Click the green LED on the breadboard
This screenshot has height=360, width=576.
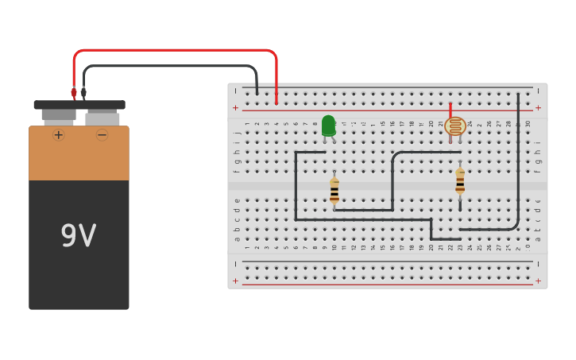click(x=328, y=126)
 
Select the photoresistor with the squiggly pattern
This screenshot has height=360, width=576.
click(x=455, y=126)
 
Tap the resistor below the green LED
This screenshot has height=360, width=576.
click(x=334, y=191)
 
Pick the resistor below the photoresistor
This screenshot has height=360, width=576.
click(x=460, y=181)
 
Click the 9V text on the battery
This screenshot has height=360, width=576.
click(x=79, y=236)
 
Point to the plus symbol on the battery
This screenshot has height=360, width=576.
click(x=58, y=135)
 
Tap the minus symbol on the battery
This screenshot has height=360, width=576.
click(x=102, y=135)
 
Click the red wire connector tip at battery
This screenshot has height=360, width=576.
click(x=74, y=93)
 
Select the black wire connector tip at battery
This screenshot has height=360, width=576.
click(x=83, y=93)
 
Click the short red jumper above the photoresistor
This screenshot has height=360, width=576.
click(x=450, y=110)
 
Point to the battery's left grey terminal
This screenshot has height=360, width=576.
click(x=59, y=115)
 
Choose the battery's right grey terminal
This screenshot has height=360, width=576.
click(x=102, y=118)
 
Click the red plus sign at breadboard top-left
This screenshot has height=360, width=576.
click(x=235, y=107)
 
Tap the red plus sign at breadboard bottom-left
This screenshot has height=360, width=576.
click(x=235, y=281)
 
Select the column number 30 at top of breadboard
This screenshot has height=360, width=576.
click(x=528, y=124)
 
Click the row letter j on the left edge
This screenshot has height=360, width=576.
click(x=237, y=134)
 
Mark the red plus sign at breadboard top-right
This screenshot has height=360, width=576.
click(x=538, y=107)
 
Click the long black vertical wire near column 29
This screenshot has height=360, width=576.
click(x=518, y=159)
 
